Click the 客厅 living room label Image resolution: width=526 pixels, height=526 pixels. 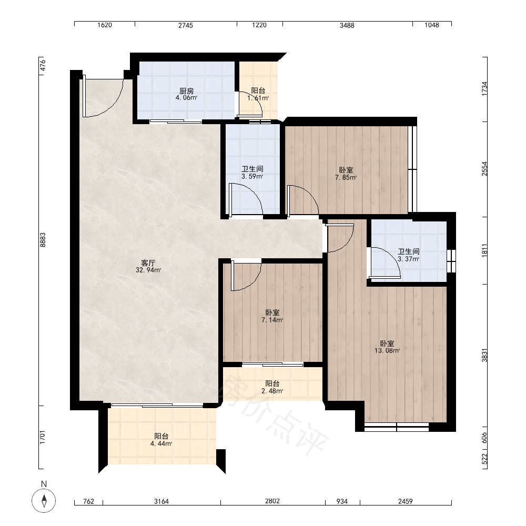(x=148, y=263)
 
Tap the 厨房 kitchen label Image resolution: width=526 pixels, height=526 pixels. (x=187, y=91)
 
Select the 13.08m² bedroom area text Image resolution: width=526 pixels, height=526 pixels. (x=387, y=351)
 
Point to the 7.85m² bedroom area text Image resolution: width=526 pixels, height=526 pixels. (x=346, y=177)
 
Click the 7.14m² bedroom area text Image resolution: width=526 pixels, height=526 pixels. (x=272, y=320)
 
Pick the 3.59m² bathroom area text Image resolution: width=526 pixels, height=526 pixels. (x=252, y=176)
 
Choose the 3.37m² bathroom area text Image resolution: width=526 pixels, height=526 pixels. (x=409, y=259)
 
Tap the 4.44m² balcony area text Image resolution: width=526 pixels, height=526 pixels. (x=161, y=444)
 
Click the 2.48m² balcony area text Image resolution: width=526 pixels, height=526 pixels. (x=272, y=391)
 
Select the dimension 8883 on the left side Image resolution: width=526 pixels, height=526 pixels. (x=43, y=240)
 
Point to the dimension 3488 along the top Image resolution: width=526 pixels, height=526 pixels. (x=347, y=25)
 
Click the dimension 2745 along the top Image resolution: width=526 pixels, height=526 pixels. (x=186, y=25)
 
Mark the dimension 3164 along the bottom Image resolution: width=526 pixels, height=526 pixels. (x=161, y=501)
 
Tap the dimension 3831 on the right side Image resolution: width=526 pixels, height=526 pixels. (x=484, y=356)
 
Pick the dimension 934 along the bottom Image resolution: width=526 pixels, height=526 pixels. (x=342, y=501)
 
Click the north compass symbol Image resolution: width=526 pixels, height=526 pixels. (x=44, y=501)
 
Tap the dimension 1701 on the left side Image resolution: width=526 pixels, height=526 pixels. (x=43, y=437)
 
